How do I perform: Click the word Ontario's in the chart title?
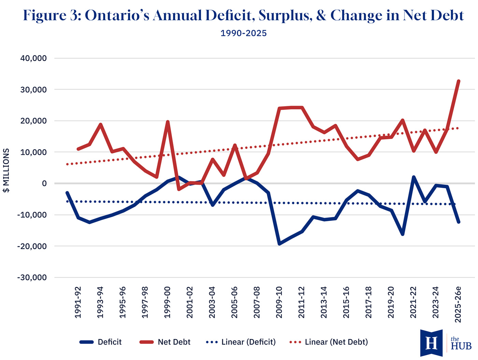tap(117, 16)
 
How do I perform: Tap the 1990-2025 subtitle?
tap(243, 33)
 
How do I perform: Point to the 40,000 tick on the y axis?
tap(33, 58)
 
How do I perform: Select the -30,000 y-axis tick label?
tap(32, 278)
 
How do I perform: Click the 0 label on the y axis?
tap(44, 184)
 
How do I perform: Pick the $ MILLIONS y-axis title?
tap(6, 170)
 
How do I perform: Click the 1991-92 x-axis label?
tap(78, 303)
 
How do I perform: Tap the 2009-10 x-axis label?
tap(279, 303)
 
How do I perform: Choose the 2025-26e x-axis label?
tap(458, 304)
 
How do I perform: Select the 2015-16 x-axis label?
tap(346, 303)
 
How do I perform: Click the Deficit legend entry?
tap(101, 342)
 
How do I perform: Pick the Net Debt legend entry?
tap(165, 342)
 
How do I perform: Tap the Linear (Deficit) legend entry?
tap(241, 342)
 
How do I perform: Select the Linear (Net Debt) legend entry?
tap(329, 342)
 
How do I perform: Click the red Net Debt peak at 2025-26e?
tap(459, 81)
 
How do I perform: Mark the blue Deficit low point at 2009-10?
tap(280, 244)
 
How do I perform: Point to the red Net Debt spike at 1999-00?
tap(168, 122)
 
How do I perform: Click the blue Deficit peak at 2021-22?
tap(414, 177)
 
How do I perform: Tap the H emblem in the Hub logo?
tap(431, 343)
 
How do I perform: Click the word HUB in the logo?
tap(461, 346)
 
